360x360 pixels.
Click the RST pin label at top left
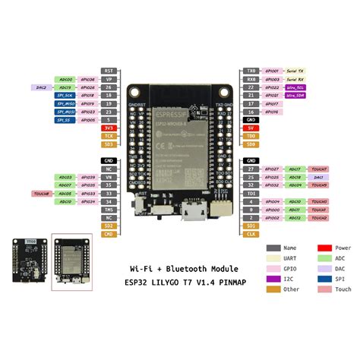[x=109, y=70]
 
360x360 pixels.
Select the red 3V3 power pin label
[x=109, y=128]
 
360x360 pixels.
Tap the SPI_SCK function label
[x=64, y=96]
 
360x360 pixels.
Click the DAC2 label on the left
[x=41, y=87]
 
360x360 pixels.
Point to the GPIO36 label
[x=87, y=79]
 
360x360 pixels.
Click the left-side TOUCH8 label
[x=41, y=194]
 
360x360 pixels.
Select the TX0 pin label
[x=251, y=70]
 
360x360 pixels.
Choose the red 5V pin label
[x=251, y=128]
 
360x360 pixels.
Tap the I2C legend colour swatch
[x=273, y=278]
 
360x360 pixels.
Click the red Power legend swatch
[x=323, y=248]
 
